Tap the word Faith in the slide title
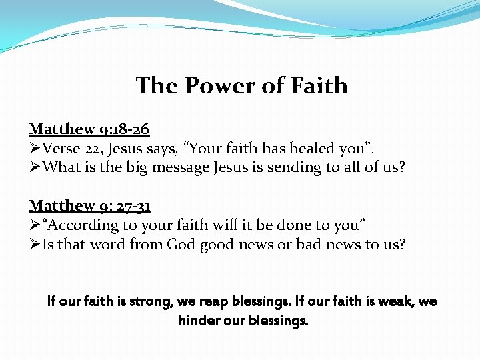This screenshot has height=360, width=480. pos(319,86)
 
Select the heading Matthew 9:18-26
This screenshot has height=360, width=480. pos(89,129)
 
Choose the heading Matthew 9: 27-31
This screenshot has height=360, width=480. pos(90,206)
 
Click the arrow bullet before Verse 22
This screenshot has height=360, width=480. pos(35,149)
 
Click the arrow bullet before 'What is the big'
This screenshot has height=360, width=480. pos(35,167)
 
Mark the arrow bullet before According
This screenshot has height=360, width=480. pos(35,225)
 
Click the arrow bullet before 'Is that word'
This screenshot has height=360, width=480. pos(35,244)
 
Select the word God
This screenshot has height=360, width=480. pos(181,244)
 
